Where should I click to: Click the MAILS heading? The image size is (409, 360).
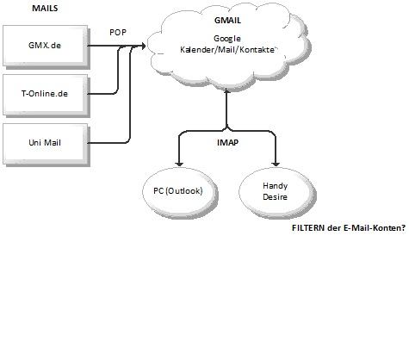(45, 8)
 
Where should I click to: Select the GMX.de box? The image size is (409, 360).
(46, 46)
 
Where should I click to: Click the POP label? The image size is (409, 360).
(118, 33)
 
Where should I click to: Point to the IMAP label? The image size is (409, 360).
(228, 142)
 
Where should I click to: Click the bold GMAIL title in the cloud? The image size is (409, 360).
(227, 21)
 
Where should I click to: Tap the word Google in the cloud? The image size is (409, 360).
(227, 39)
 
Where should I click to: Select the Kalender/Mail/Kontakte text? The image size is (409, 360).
(227, 50)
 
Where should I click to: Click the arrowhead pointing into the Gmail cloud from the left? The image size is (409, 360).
(143, 46)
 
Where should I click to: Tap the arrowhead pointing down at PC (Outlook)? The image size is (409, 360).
(179, 164)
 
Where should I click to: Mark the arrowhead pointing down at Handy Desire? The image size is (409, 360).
(276, 164)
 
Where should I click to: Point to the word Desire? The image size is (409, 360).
(275, 197)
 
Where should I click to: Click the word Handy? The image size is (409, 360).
(275, 186)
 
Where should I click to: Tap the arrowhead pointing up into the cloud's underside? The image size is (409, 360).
(226, 90)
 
